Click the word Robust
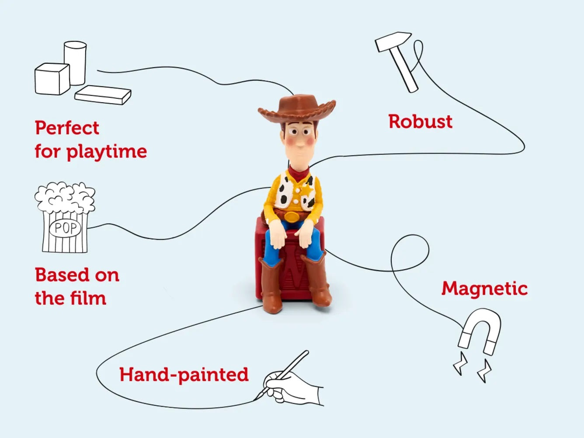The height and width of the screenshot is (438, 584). click(421, 122)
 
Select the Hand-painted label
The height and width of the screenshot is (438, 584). click(184, 375)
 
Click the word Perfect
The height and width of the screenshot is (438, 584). click(67, 128)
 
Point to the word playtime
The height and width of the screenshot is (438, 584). click(107, 152)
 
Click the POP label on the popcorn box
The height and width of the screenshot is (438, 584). click(65, 228)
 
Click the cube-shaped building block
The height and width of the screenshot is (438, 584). click(52, 79)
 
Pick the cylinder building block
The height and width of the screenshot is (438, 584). click(75, 63)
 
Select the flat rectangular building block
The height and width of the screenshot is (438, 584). click(103, 95)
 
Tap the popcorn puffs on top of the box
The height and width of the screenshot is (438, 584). click(65, 197)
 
